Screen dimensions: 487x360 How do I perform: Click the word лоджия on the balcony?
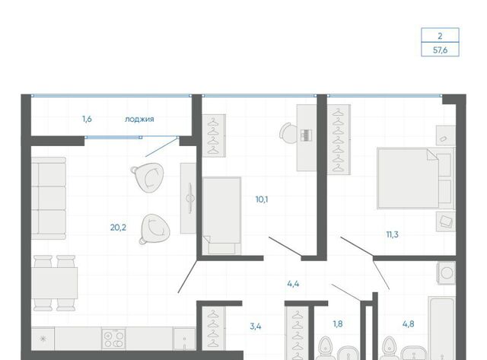pyautogui.click(x=139, y=119)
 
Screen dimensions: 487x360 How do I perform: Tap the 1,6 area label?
pyautogui.click(x=87, y=119)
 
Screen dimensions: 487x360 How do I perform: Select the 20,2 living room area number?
pyautogui.click(x=118, y=228)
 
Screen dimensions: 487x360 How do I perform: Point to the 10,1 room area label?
pyautogui.click(x=262, y=199)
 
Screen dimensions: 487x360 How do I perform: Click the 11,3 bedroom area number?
pyautogui.click(x=392, y=234)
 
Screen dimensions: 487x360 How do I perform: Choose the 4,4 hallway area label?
pyautogui.click(x=293, y=284)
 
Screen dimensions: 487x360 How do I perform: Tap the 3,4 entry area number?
pyautogui.click(x=256, y=327)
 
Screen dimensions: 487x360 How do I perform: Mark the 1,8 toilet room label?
pyautogui.click(x=338, y=324)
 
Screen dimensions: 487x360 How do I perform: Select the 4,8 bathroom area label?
pyautogui.click(x=408, y=324)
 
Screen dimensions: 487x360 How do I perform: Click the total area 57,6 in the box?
pyautogui.click(x=440, y=49)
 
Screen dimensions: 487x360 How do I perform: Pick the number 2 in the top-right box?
pyautogui.click(x=440, y=36)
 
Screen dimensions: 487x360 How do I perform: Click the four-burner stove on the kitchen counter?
pyautogui.click(x=113, y=339)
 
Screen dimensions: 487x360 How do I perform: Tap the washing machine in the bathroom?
pyautogui.click(x=447, y=272)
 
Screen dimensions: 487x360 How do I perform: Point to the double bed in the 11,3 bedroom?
pyautogui.click(x=415, y=179)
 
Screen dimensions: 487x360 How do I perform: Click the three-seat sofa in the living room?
pyautogui.click(x=49, y=198)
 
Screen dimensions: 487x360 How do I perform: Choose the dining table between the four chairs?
pyautogui.click(x=54, y=283)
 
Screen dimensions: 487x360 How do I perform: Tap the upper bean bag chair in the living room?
pyautogui.click(x=148, y=177)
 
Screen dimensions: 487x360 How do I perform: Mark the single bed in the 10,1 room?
pyautogui.click(x=221, y=215)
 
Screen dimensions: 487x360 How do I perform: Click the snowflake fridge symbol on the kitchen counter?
pyautogui.click(x=43, y=339)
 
